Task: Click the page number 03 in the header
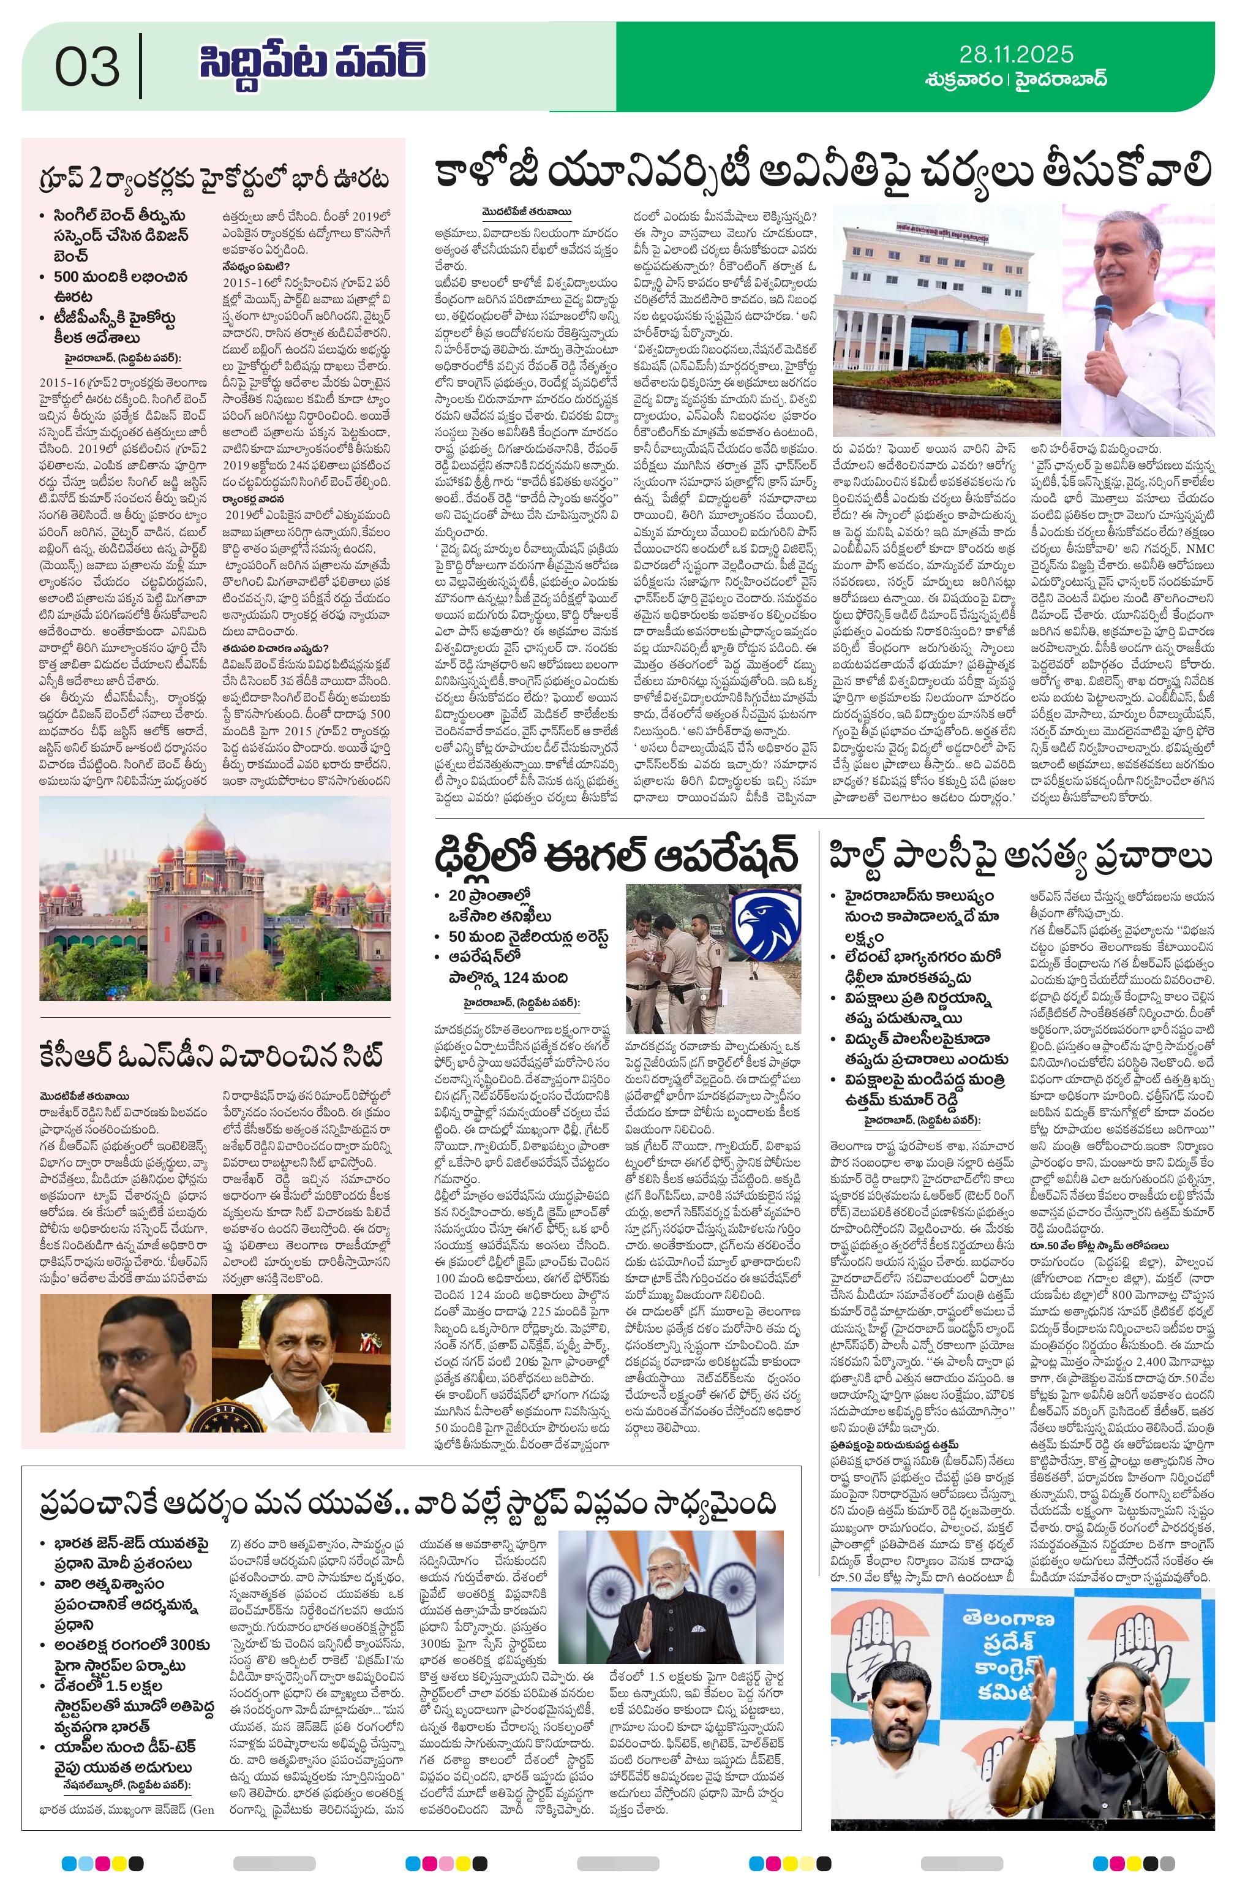coord(88,66)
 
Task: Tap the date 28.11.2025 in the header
coord(1015,54)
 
